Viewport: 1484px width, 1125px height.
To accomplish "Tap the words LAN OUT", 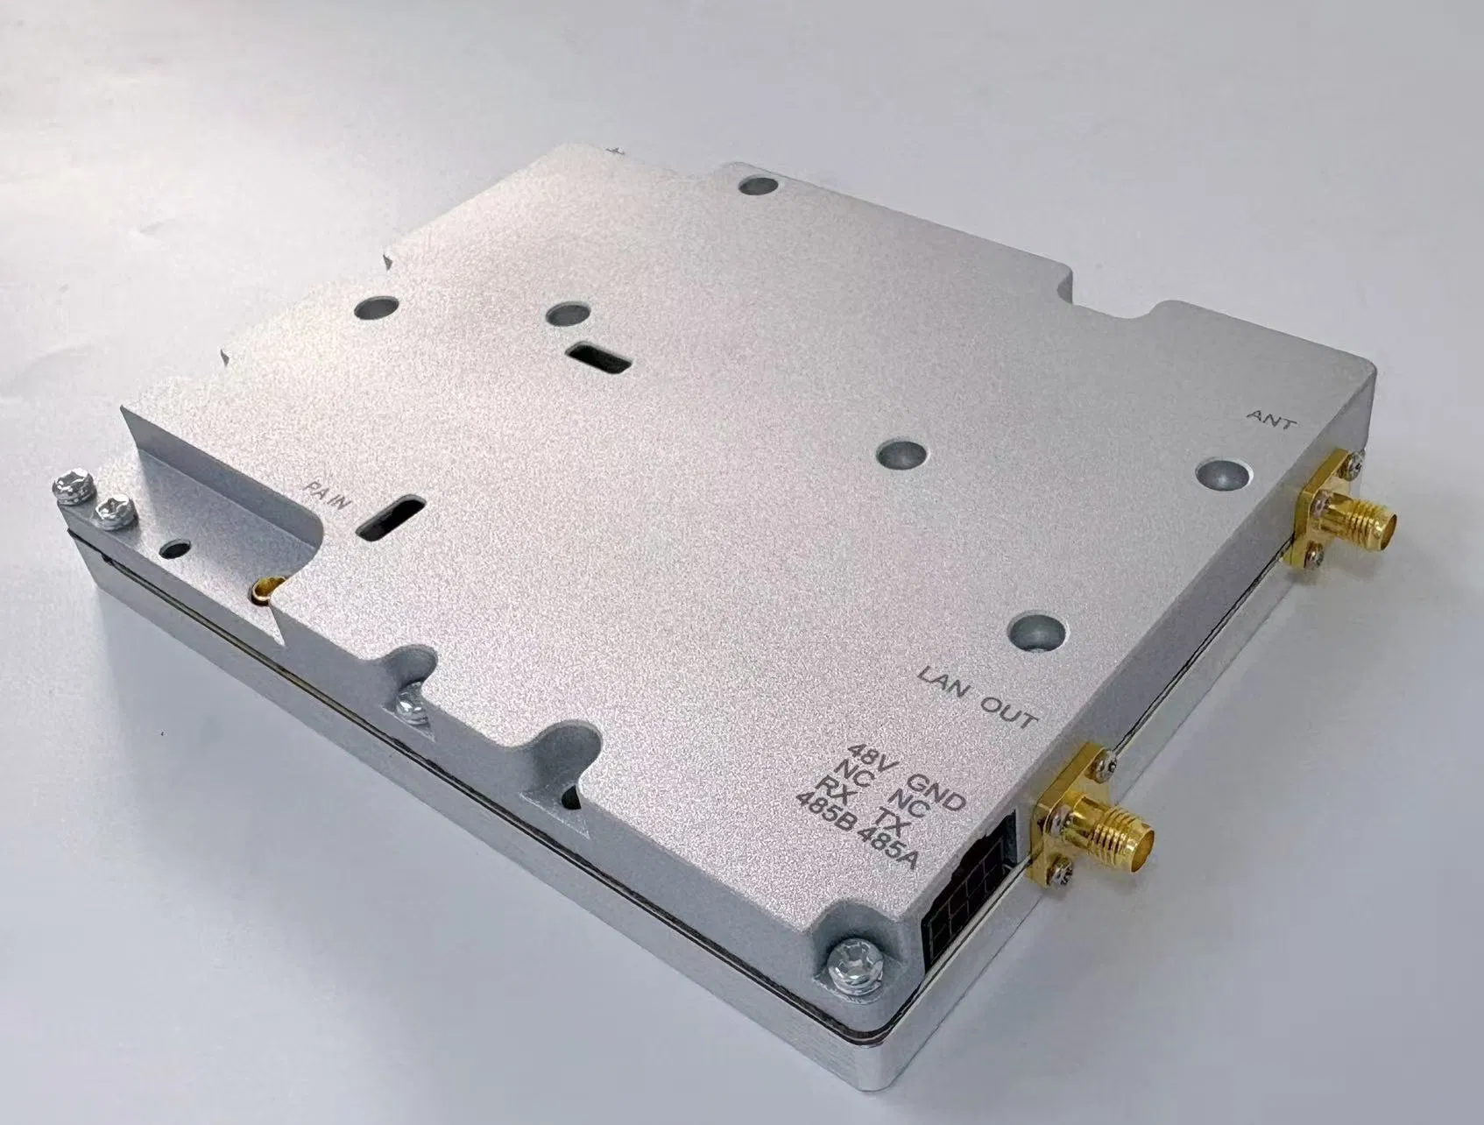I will point(976,697).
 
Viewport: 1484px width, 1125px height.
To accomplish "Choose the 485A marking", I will point(888,845).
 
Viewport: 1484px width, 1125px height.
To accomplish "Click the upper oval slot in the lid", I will point(597,357).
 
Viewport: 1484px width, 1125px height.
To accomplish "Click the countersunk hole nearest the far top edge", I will point(758,186).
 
